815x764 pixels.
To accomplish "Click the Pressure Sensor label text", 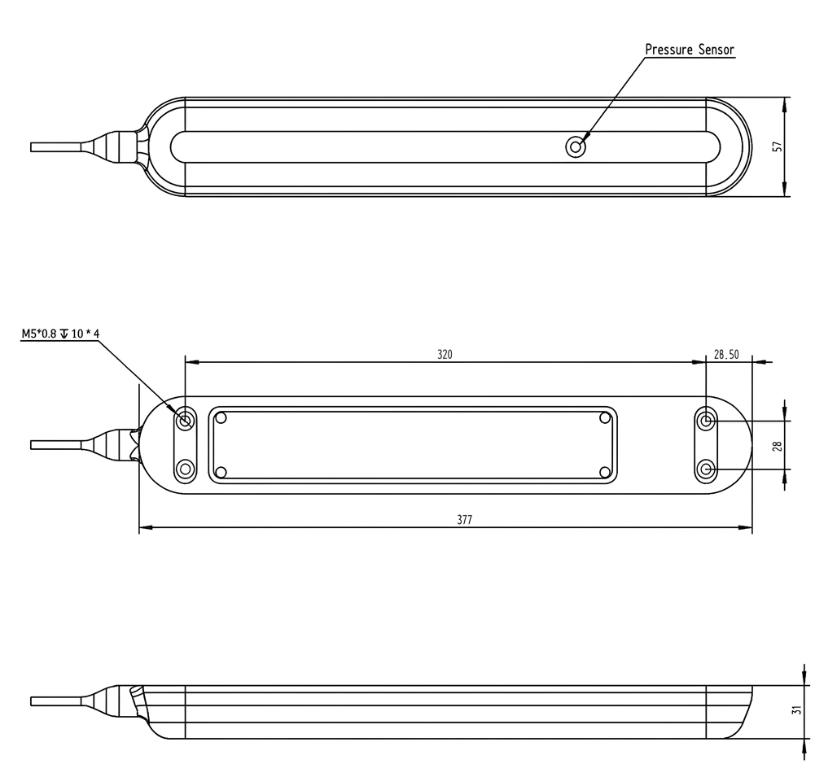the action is [690, 50].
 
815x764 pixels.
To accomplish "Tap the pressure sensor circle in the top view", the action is [576, 147].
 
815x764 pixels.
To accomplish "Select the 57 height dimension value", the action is [778, 147].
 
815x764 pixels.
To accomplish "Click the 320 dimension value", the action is [445, 354].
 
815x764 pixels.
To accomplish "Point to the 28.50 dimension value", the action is [726, 354].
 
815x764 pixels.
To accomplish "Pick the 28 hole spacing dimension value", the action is [777, 446].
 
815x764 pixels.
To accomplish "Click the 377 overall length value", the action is [465, 519].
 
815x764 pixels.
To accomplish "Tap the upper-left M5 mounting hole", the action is [185, 420].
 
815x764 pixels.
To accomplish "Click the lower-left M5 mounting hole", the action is [185, 469].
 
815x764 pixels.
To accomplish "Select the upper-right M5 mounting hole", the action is [706, 420].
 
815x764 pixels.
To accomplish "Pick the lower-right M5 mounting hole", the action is [706, 469].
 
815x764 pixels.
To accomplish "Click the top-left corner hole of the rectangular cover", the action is [221, 417].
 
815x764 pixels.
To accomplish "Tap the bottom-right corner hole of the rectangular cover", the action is [605, 472].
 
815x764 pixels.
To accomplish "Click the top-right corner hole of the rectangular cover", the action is [605, 417].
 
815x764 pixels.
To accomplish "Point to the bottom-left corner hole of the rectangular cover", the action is [221, 472].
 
